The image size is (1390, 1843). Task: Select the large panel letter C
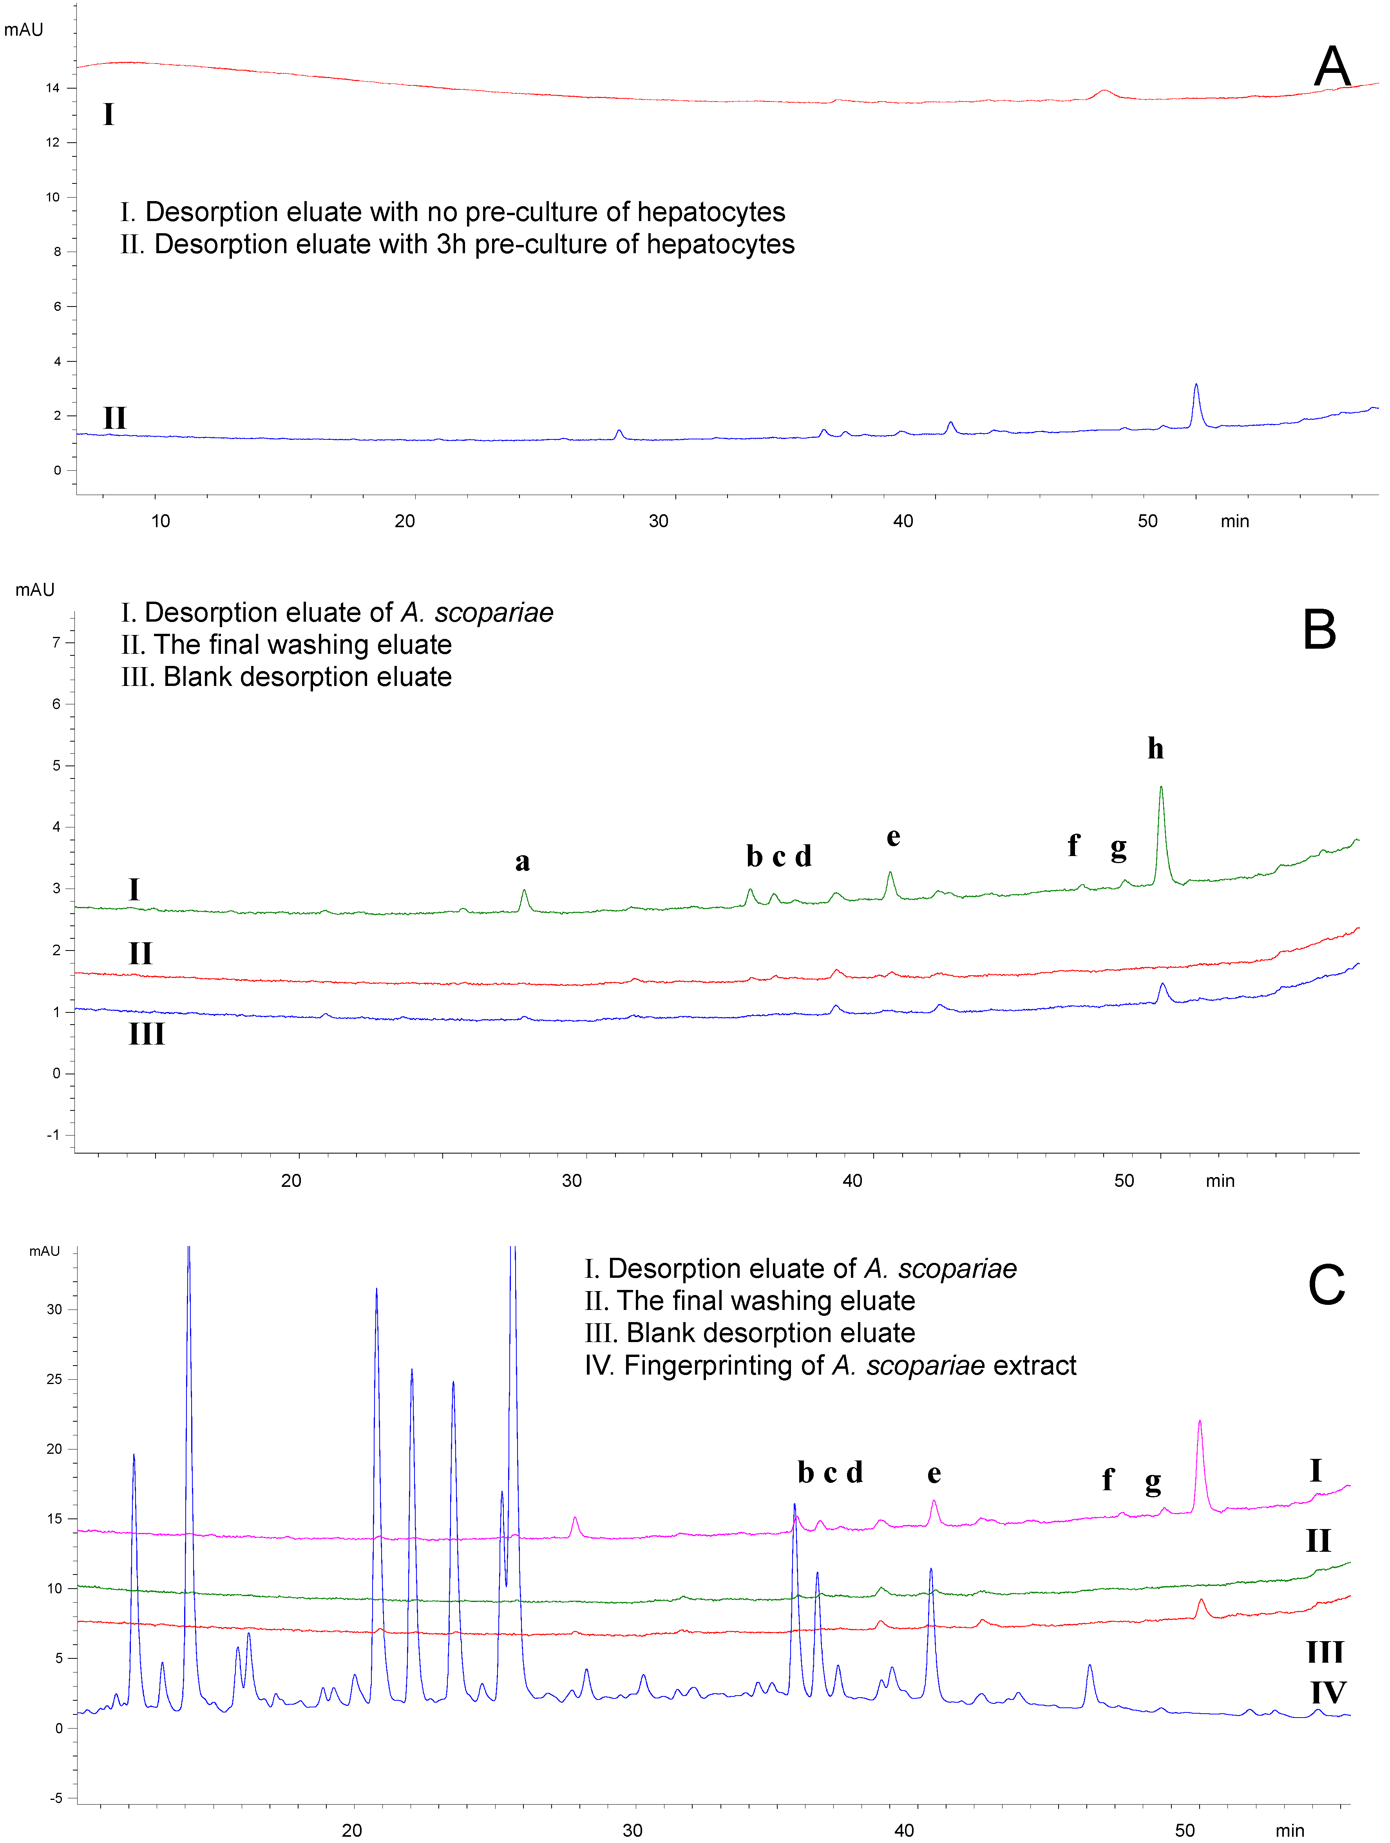click(x=1326, y=1285)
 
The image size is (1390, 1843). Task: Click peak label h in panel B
click(x=1155, y=748)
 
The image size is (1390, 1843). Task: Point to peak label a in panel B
click(x=522, y=862)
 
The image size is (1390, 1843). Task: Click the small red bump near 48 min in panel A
click(x=1104, y=93)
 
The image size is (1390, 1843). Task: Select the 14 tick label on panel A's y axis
click(x=52, y=88)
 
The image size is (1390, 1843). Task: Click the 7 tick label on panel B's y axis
click(x=57, y=642)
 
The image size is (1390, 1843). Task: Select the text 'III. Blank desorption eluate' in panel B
click(x=286, y=677)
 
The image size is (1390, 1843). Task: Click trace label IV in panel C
click(x=1328, y=1692)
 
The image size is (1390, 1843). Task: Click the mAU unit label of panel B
click(x=35, y=590)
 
